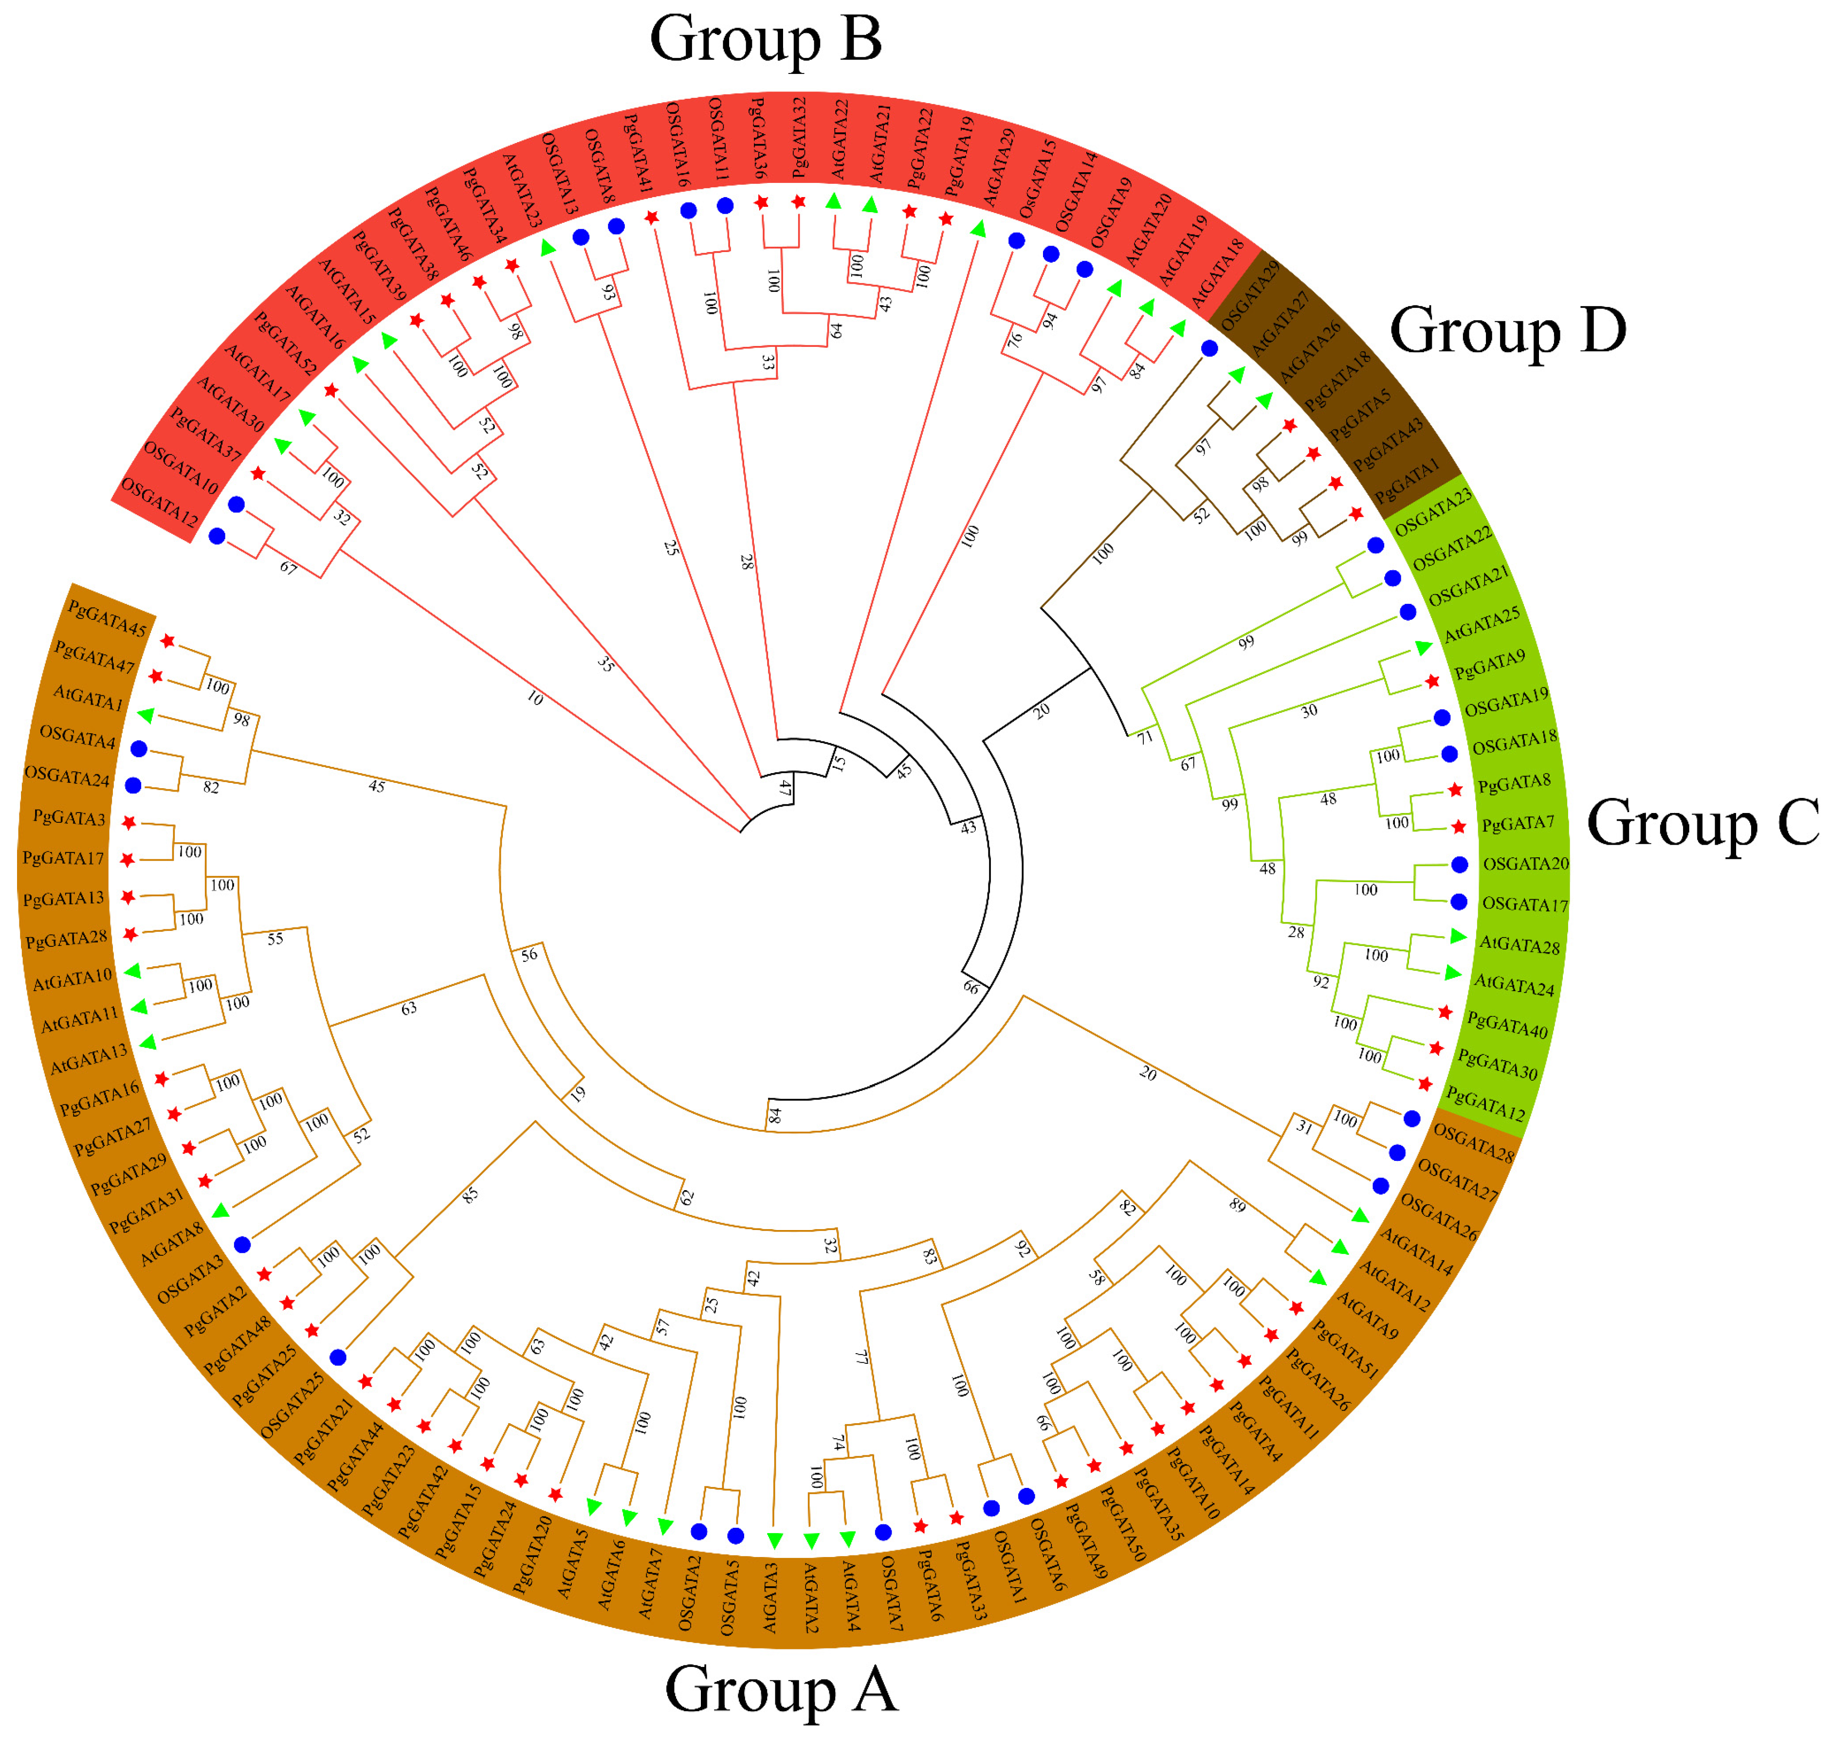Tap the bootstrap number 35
tap(605, 663)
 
